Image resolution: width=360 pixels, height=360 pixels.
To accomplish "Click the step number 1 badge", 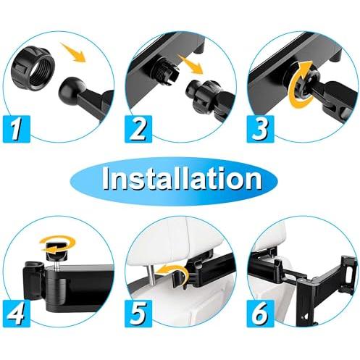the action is tap(17, 129).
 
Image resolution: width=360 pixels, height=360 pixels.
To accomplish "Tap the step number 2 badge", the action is tap(138, 129).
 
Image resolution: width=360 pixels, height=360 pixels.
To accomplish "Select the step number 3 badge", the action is tap(260, 129).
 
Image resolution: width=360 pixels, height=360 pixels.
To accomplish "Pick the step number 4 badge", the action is tap(17, 314).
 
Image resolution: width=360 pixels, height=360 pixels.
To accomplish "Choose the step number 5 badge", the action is tap(138, 314).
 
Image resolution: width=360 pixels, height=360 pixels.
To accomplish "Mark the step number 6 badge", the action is tap(260, 314).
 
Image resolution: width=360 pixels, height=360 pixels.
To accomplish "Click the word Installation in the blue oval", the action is tap(182, 179).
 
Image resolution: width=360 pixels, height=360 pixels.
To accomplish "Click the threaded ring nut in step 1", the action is tap(33, 60).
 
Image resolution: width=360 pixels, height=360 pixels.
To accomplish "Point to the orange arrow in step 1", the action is tap(73, 52).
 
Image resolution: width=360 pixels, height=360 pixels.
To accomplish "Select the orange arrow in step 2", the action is tap(191, 64).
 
